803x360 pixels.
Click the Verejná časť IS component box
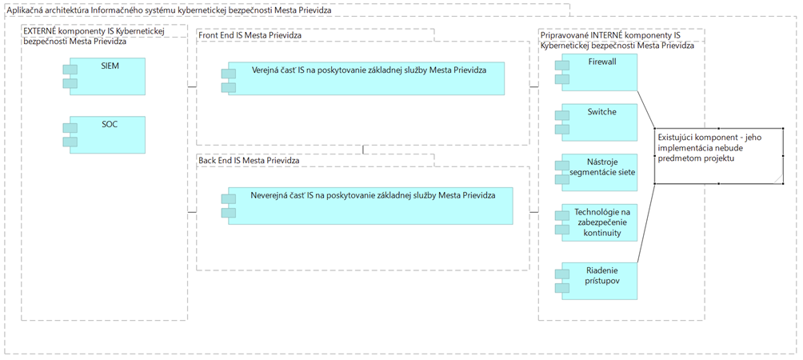pos(363,78)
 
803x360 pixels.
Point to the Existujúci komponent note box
pos(718,156)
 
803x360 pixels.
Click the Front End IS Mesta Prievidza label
pos(250,35)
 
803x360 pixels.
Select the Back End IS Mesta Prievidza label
pos(249,160)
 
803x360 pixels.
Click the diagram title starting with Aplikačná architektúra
pos(169,10)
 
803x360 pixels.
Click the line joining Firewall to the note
pos(645,110)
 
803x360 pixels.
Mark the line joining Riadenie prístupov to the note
pos(645,223)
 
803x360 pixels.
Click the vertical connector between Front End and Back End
pos(362,150)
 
